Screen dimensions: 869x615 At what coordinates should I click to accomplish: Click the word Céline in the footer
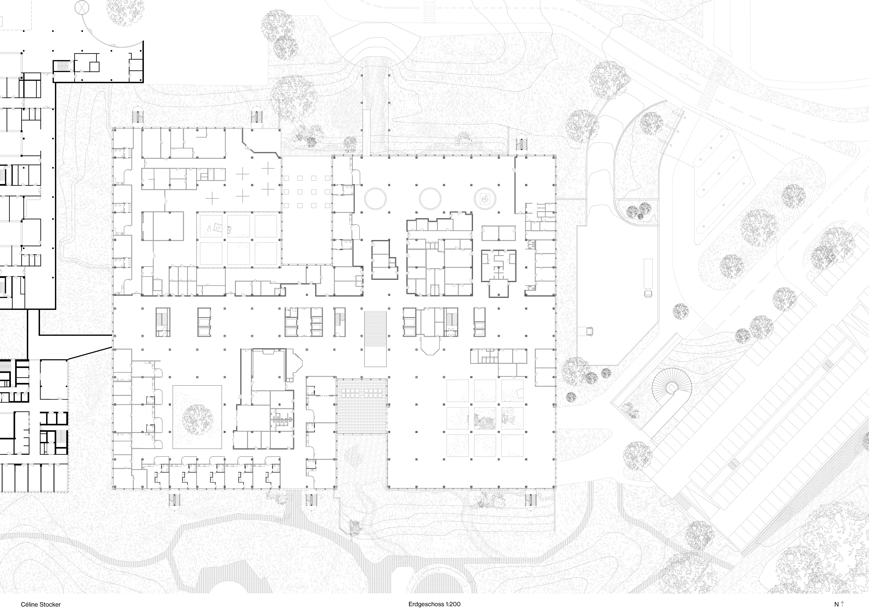pyautogui.click(x=30, y=604)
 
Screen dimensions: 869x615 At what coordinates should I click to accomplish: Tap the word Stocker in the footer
pyautogui.click(x=50, y=604)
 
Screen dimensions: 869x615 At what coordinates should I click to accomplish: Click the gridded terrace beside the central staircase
pyautogui.click(x=362, y=406)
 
